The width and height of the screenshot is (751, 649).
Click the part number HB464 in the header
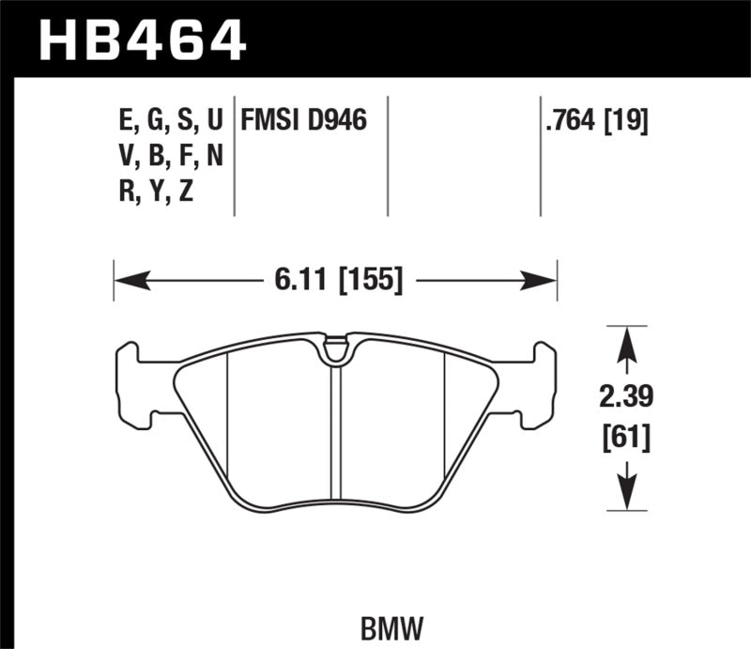coord(141,40)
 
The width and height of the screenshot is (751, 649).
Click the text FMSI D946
coord(303,120)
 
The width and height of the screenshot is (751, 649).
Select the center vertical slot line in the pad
coord(334,432)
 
